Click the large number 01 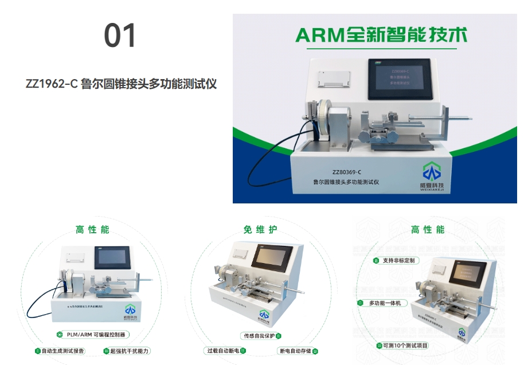click(120, 36)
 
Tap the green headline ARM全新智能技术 click(381, 35)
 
